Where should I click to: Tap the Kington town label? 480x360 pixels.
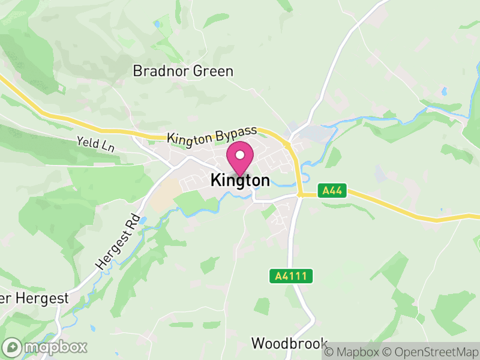[240, 181]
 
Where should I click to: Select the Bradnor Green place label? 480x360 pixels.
[183, 71]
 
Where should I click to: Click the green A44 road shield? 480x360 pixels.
[332, 191]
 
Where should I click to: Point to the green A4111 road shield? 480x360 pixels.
[291, 276]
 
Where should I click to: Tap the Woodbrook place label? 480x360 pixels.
[289, 343]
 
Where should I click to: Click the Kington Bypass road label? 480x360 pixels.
[212, 134]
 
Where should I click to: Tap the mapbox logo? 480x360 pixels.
[46, 347]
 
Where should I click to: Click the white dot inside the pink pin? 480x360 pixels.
[240, 155]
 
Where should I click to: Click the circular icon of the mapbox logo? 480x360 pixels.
[11, 347]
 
